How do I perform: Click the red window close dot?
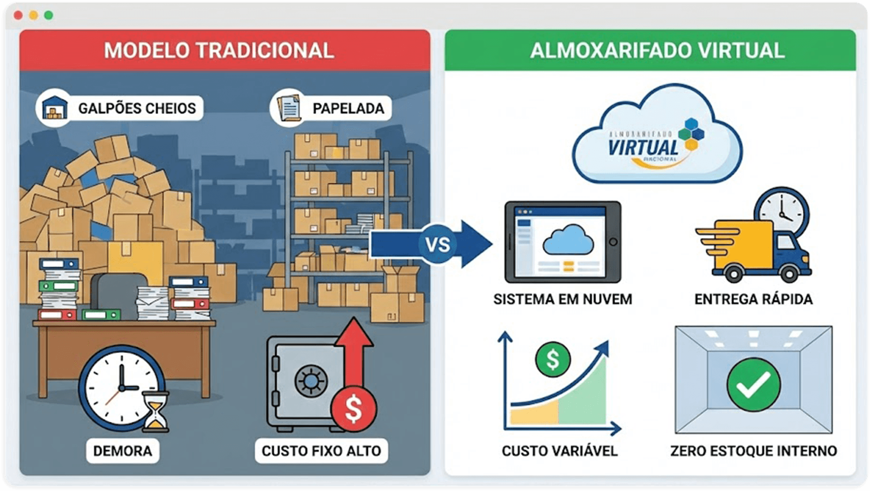[18, 15]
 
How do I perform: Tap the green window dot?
[48, 15]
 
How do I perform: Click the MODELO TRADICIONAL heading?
[219, 50]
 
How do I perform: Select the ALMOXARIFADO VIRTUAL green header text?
[657, 50]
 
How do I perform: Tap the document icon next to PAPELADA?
[289, 108]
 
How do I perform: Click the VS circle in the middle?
[438, 245]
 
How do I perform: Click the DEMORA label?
[122, 451]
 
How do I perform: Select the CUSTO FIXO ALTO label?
[321, 451]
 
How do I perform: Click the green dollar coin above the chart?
[553, 359]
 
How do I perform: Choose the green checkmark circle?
[754, 384]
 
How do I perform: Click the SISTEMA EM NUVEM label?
[562, 299]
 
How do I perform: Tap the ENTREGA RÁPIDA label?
[754, 299]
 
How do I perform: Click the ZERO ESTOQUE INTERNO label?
[754, 451]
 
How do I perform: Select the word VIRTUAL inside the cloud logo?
[643, 147]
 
